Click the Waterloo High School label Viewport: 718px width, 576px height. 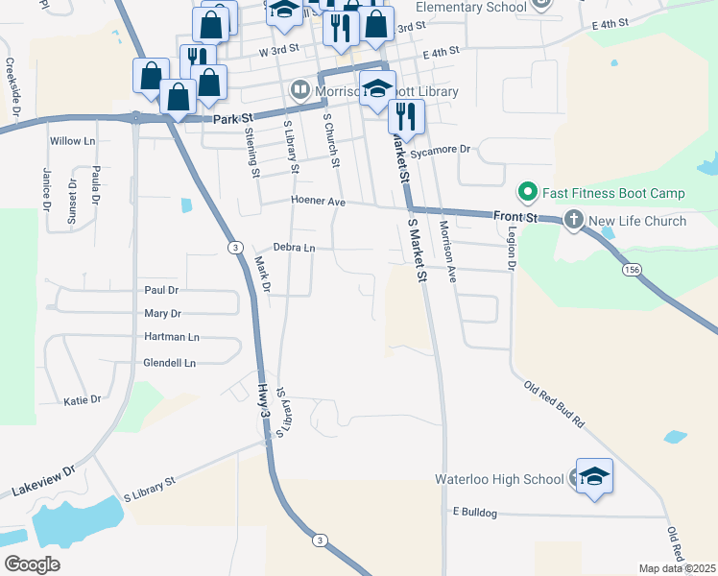pos(499,478)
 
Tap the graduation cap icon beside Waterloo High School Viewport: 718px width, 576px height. pos(594,476)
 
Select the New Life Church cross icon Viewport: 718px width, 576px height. pos(573,221)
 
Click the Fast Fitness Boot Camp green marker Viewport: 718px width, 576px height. pos(526,193)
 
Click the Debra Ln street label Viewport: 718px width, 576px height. pos(294,248)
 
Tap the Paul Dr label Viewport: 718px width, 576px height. pos(161,290)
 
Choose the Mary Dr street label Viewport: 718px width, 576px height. pos(162,313)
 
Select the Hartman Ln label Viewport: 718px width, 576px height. pos(171,337)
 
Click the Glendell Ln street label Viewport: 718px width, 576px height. pos(169,363)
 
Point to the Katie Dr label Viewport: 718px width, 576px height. pos(83,399)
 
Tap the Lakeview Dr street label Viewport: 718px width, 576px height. pos(43,482)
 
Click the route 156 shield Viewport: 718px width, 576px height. pos(631,270)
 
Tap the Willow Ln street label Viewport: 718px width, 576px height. pos(73,141)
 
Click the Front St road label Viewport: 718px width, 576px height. pos(515,216)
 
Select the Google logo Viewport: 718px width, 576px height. pos(32,564)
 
